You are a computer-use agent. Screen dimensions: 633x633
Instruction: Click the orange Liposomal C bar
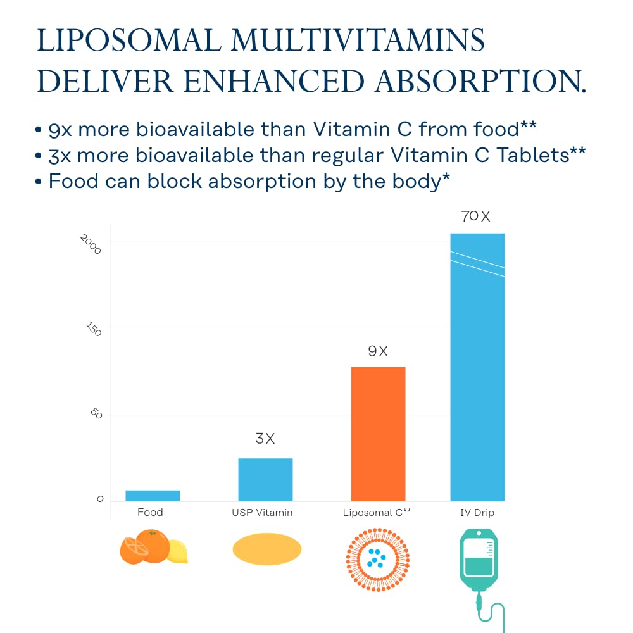378,434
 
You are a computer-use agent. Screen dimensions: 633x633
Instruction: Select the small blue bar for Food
153,496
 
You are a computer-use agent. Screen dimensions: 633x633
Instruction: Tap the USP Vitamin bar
265,480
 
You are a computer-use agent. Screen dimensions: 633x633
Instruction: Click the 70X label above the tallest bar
476,216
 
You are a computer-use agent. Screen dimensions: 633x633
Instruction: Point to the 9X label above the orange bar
378,351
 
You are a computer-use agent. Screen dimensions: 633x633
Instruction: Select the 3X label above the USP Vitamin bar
265,439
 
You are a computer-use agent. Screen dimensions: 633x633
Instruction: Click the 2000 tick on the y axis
91,244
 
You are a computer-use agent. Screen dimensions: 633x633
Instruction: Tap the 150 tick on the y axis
93,329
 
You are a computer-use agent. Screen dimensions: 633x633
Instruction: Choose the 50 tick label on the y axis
96,414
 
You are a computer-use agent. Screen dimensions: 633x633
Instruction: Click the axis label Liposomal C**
378,513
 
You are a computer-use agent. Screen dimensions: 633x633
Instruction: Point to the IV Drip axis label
477,513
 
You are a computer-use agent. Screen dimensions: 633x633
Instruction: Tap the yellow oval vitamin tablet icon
266,549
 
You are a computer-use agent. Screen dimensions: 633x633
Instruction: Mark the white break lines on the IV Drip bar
477,263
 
